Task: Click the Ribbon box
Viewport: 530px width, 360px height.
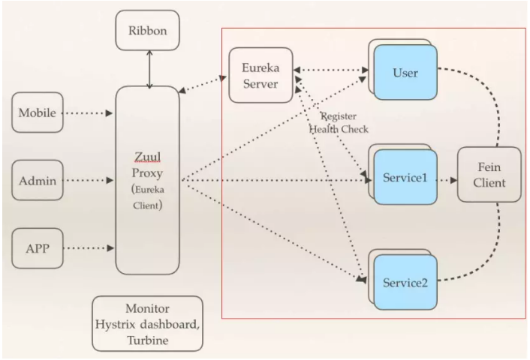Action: [x=148, y=31]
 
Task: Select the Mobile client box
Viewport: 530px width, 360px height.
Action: [x=36, y=114]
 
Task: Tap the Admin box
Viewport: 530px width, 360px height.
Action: [x=36, y=180]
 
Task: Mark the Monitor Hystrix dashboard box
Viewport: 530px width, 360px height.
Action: [x=147, y=323]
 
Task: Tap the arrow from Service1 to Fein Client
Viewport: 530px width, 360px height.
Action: [x=447, y=181]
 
